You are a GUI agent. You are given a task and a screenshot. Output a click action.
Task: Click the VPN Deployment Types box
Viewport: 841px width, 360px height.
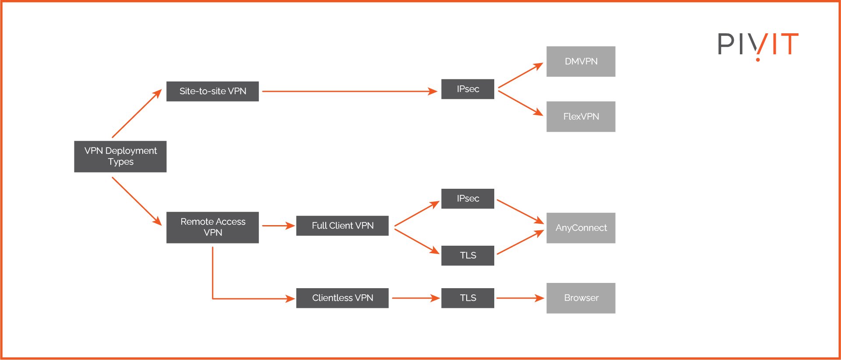tap(120, 156)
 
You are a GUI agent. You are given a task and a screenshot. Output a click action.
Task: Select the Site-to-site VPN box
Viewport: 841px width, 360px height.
tap(212, 91)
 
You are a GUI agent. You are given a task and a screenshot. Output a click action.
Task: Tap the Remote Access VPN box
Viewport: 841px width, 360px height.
tap(212, 227)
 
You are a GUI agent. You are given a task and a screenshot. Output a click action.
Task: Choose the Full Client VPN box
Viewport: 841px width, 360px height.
tap(342, 226)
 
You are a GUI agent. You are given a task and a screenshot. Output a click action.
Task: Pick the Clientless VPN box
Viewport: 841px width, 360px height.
tap(342, 298)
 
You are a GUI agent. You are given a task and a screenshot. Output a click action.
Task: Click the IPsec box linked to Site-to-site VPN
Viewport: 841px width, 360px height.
tap(468, 89)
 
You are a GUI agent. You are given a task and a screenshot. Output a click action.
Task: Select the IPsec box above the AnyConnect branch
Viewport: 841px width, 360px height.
tap(468, 198)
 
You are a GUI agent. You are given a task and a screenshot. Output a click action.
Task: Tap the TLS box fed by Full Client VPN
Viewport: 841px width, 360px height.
tap(468, 255)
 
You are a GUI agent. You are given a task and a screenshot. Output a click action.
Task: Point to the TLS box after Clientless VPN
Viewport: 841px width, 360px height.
tap(468, 298)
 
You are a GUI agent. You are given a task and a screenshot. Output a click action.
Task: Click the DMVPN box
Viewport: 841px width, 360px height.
tap(581, 61)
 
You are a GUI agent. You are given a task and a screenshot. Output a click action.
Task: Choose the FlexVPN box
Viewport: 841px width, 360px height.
tap(581, 116)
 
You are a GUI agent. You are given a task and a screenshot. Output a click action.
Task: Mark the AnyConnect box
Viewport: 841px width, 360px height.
tap(581, 228)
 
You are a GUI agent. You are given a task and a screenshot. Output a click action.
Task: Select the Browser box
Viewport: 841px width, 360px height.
tap(581, 298)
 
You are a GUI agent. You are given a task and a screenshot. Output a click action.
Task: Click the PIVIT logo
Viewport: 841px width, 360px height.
tap(758, 44)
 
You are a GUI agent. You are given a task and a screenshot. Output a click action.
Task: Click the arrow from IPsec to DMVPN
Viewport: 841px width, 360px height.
tap(520, 75)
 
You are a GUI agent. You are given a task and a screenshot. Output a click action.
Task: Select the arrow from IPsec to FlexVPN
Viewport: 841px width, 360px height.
tap(520, 103)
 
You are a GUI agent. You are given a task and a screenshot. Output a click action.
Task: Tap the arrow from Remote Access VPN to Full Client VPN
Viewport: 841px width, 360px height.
tap(278, 226)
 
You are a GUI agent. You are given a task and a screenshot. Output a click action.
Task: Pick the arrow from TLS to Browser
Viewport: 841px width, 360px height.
tap(520, 298)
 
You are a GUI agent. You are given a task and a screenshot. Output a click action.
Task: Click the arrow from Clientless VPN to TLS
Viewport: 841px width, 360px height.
tap(415, 298)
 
